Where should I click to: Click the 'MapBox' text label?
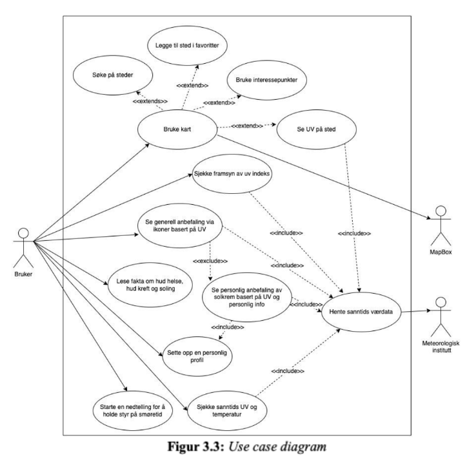[x=442, y=252]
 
